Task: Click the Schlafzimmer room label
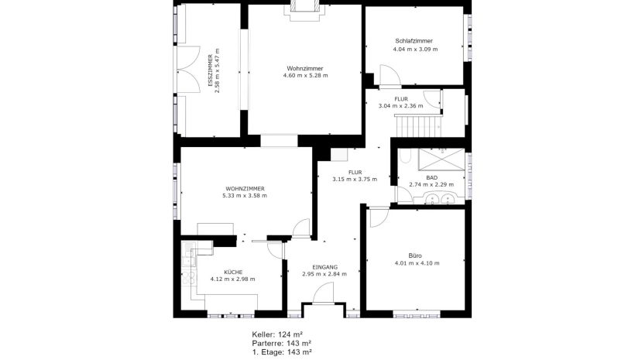pos(414,41)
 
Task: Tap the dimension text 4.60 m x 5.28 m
pos(305,75)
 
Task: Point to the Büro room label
pos(415,255)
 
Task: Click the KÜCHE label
pos(233,272)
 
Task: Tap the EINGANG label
pos(324,267)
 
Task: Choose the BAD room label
pos(431,178)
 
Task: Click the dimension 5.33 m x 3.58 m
pos(245,196)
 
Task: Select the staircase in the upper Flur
pos(417,126)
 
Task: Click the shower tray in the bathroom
pos(441,159)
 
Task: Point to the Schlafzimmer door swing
pos(390,75)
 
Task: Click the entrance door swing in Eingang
pos(323,293)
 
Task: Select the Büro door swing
pos(379,217)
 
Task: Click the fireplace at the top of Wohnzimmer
pos(304,10)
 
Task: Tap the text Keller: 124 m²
pos(277,334)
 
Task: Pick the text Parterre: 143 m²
pos(282,344)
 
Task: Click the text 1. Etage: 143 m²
pos(282,352)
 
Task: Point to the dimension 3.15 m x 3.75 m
pos(355,179)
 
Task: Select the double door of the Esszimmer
pos(189,70)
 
